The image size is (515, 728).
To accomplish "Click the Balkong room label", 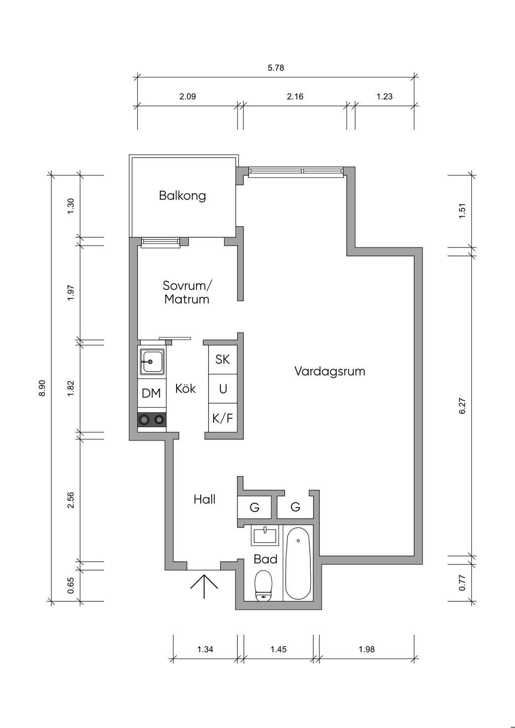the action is (x=183, y=196).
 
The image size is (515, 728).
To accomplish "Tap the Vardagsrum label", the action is (x=330, y=371).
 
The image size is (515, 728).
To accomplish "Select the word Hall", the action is (x=205, y=499).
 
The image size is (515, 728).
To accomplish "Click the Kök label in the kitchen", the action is (x=185, y=388).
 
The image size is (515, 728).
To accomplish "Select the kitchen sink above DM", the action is (x=152, y=361).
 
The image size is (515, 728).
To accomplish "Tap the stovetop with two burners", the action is (x=152, y=420).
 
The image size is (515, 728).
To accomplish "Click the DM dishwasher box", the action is (x=152, y=393).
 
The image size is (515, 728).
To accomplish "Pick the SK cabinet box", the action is (x=223, y=359).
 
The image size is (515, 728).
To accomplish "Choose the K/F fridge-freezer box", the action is (x=223, y=418).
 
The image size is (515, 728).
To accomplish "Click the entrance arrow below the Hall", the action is (x=204, y=586).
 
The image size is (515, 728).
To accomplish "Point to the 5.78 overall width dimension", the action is (x=276, y=67).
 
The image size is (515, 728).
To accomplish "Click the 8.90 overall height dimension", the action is (x=43, y=388).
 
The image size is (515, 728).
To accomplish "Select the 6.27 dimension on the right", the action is (x=463, y=406).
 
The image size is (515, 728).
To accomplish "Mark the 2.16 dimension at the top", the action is (x=295, y=96).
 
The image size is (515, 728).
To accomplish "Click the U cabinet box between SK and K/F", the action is (x=223, y=389).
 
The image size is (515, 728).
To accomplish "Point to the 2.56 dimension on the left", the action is (x=71, y=501).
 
